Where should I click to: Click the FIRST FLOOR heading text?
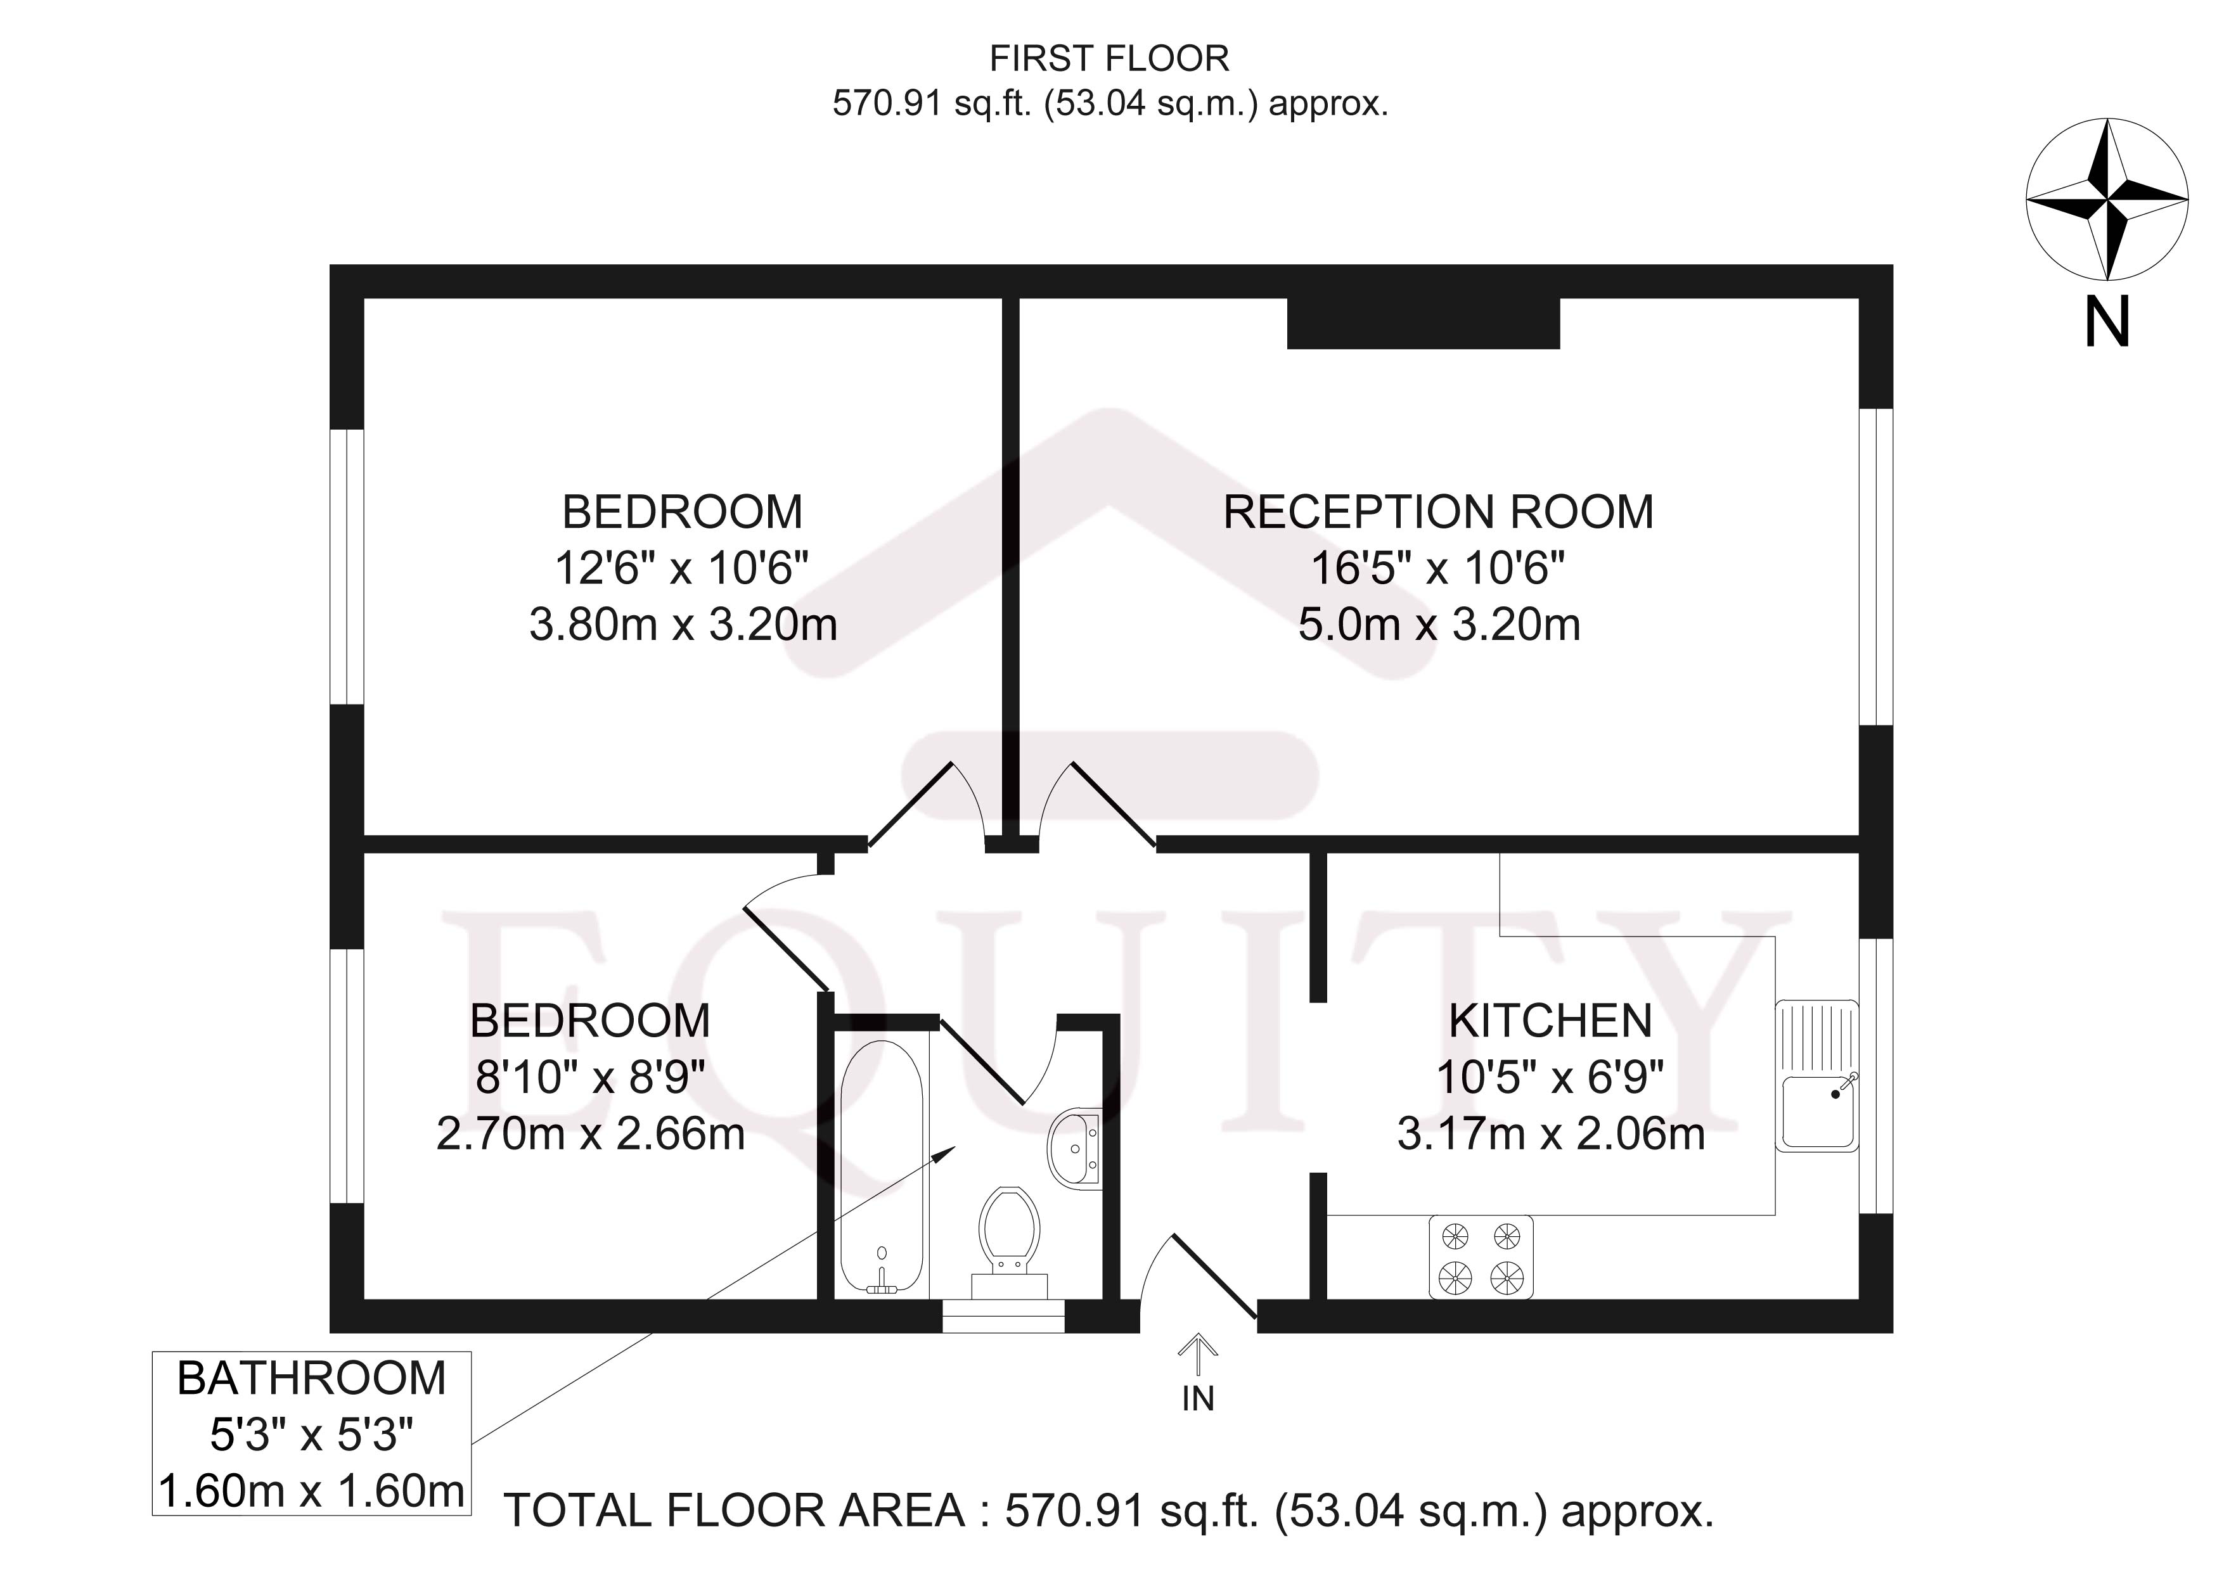click(1109, 59)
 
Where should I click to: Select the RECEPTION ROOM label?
click(1439, 513)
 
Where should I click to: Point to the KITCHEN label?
click(1550, 1021)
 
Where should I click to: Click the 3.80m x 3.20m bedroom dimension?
click(683, 625)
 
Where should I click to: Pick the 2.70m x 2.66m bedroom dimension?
click(590, 1134)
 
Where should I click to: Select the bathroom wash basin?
click(1075, 1147)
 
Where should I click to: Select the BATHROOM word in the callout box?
click(312, 1378)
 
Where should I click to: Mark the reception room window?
click(1875, 566)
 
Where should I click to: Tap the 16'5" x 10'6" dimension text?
click(1439, 568)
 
